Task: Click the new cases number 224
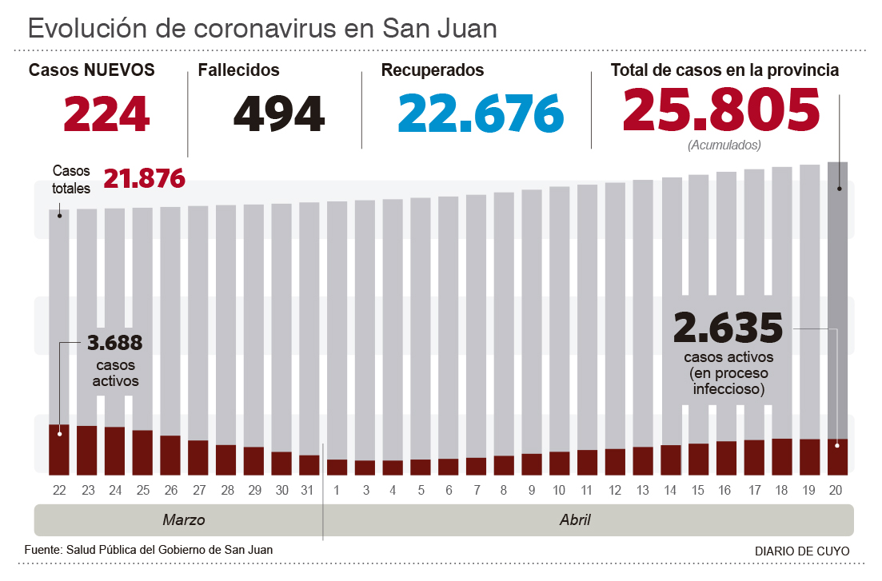106,114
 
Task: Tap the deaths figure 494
279,114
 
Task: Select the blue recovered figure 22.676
481,114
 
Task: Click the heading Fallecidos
238,70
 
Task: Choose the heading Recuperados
433,70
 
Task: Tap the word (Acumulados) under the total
724,145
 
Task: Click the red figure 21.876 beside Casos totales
144,178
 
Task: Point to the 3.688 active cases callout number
115,344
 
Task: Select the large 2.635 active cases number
728,327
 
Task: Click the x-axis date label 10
559,490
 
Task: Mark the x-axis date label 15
698,490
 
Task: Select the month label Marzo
184,520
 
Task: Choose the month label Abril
575,520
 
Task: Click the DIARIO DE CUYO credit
801,551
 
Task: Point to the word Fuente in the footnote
42,550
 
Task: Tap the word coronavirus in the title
261,29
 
